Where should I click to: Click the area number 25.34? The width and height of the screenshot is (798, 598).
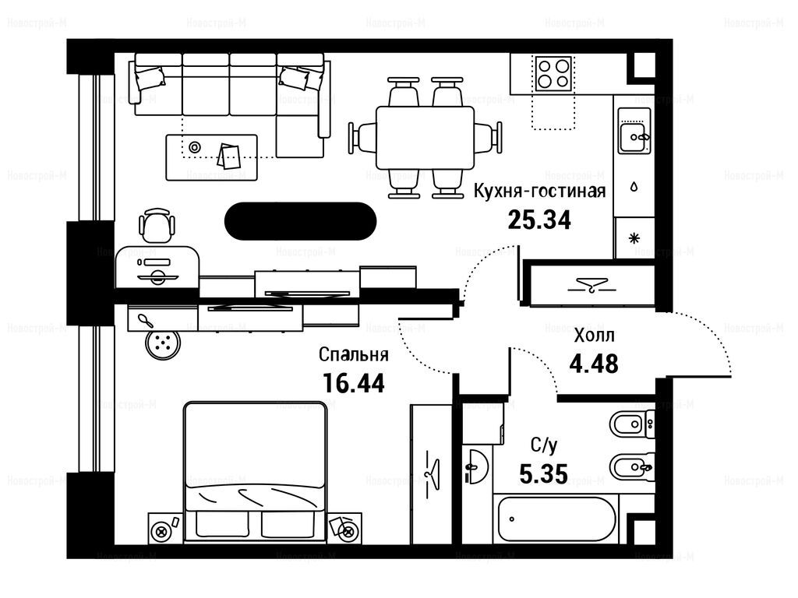[539, 220]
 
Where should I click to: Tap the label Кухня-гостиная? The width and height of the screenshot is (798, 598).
[539, 192]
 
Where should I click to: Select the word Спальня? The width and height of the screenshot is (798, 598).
[353, 354]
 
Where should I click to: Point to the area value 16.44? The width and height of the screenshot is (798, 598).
[353, 383]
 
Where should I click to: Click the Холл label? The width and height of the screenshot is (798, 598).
[594, 336]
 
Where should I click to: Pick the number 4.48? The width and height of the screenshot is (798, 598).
[594, 364]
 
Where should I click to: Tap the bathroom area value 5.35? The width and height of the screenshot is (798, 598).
[543, 474]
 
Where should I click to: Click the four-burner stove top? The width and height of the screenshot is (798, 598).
[554, 74]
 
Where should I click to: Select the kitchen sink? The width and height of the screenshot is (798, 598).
[634, 130]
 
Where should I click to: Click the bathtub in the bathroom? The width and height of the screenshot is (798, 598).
[557, 519]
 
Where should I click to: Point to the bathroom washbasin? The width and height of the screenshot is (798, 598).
[477, 466]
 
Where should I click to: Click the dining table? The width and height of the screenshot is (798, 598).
[425, 137]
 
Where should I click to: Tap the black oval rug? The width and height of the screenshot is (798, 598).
[300, 221]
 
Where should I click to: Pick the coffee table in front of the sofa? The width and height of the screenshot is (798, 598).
[212, 157]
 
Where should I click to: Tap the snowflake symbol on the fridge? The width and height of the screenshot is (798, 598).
[634, 237]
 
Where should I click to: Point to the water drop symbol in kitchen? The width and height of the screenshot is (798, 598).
[634, 187]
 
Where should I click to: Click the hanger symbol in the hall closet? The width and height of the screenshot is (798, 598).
[592, 285]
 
